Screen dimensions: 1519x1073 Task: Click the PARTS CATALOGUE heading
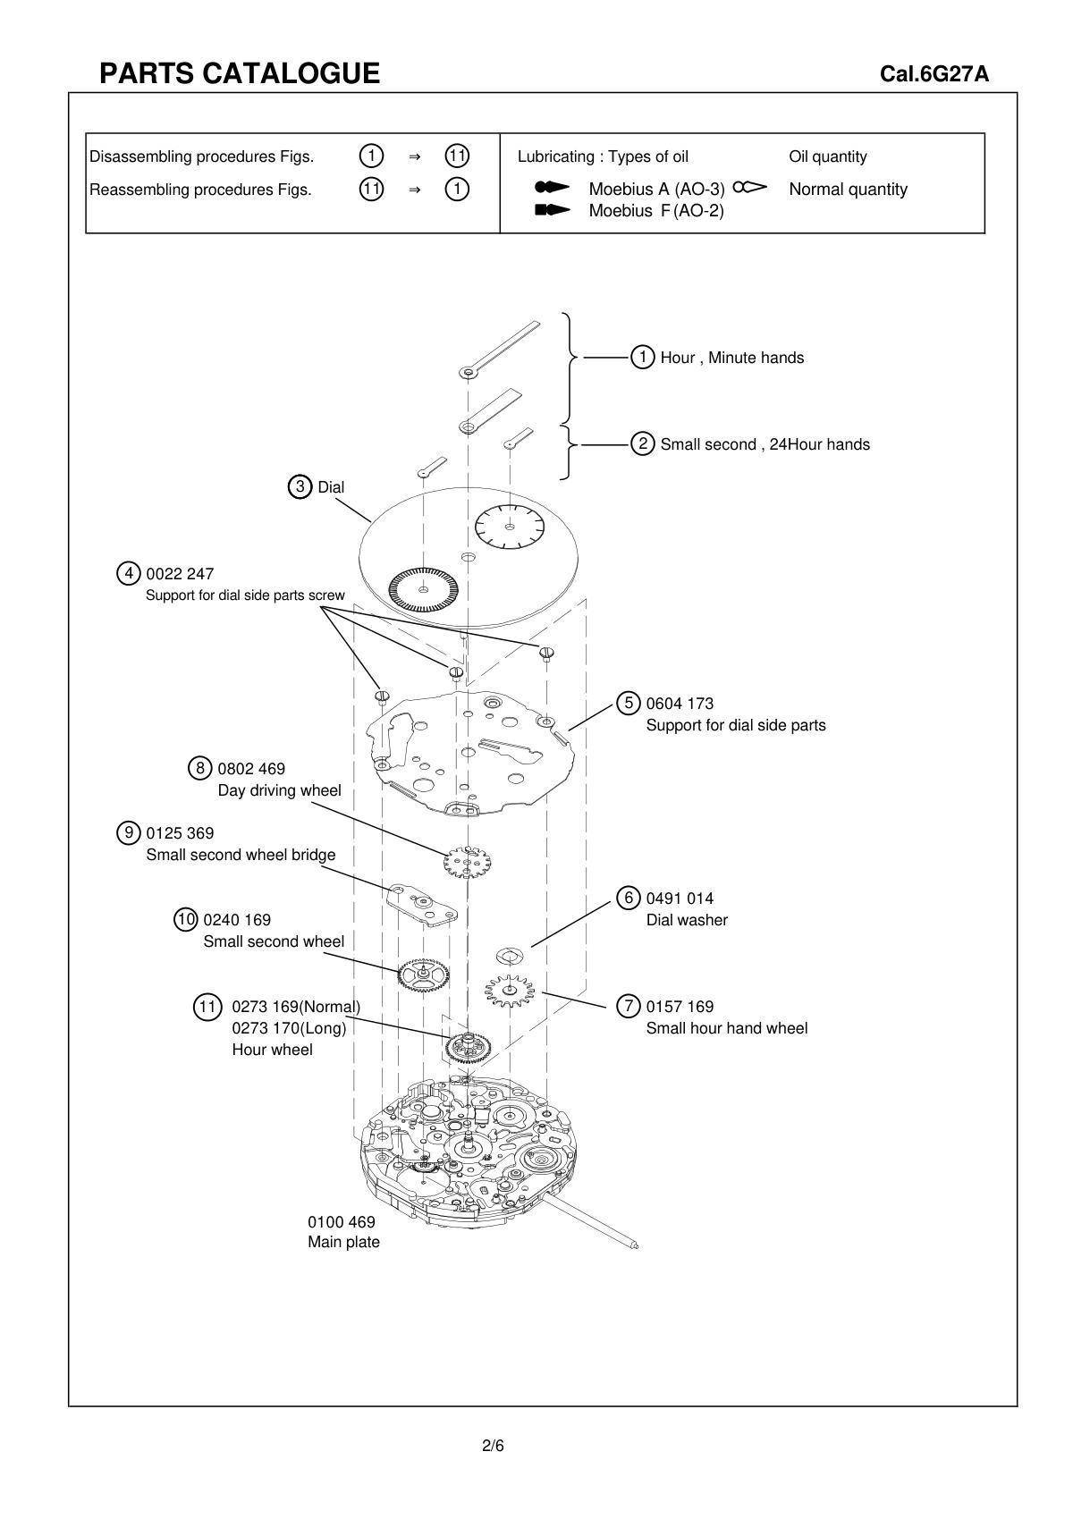coord(239,73)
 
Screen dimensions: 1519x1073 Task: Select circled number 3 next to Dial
coord(300,487)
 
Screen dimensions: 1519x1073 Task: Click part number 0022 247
coord(180,574)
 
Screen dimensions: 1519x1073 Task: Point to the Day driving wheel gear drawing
coord(468,863)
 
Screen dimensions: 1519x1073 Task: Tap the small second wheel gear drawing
coord(424,974)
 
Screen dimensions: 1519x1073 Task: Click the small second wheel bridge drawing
coord(422,905)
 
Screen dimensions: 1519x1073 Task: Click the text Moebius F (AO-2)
coord(655,211)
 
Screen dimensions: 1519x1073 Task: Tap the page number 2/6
coord(493,1446)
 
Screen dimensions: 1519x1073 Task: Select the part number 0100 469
coord(341,1222)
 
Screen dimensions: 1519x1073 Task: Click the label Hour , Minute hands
coord(731,358)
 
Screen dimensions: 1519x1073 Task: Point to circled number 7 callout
coord(629,1007)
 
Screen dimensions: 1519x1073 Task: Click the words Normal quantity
coord(848,190)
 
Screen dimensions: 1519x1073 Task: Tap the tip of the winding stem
coord(634,1245)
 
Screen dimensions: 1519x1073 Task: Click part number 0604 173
coord(680,704)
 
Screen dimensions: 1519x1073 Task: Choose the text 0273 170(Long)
coord(288,1028)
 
